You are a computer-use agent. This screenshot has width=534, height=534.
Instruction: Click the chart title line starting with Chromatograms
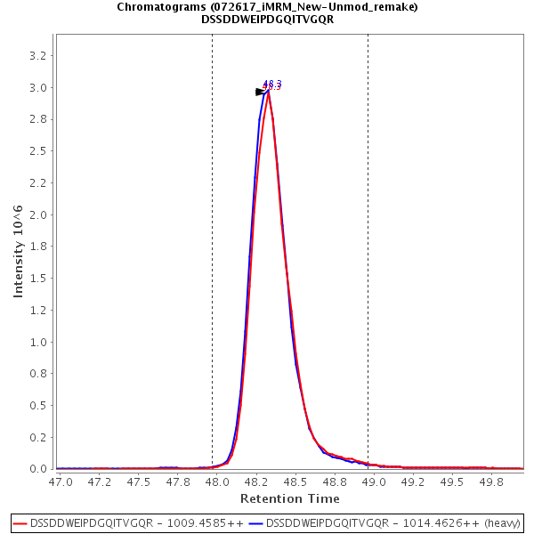click(x=267, y=7)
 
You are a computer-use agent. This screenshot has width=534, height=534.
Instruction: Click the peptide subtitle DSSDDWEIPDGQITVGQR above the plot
click(x=267, y=20)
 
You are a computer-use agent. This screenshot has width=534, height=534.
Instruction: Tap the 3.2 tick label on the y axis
click(x=39, y=55)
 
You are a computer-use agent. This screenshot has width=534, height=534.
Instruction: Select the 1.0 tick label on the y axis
click(x=39, y=342)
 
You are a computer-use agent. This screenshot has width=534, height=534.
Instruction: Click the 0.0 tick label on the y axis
click(x=39, y=469)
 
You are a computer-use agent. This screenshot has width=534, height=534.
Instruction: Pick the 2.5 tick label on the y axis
click(x=39, y=151)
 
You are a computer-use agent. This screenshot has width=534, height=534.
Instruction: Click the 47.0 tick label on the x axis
click(x=61, y=481)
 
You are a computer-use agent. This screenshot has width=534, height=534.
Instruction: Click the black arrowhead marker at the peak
click(x=260, y=92)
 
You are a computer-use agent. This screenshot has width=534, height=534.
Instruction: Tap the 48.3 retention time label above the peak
click(x=272, y=84)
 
